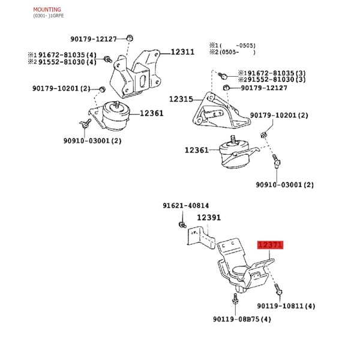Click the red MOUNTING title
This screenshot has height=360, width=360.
[x=47, y=10]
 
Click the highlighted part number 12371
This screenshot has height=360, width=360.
[x=270, y=245]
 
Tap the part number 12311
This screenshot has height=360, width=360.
[x=182, y=52]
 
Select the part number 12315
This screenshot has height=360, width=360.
[x=181, y=99]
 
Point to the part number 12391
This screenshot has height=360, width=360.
[x=209, y=218]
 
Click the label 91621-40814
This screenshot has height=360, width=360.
[x=186, y=205]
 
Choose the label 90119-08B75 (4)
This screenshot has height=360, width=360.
[x=242, y=319]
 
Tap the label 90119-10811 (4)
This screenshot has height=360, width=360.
[x=286, y=306]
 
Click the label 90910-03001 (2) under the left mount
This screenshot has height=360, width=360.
[x=92, y=140]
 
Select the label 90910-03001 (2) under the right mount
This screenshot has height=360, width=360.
[x=284, y=185]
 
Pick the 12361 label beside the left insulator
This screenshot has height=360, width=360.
[x=152, y=113]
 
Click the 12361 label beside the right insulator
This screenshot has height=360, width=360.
[x=197, y=150]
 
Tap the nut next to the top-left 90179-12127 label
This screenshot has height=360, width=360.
[x=130, y=38]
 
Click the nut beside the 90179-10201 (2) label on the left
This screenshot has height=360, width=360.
[x=103, y=89]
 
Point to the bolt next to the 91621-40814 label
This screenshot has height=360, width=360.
[x=182, y=224]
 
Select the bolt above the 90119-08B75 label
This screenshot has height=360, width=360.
[x=235, y=299]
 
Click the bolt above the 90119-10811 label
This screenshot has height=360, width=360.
[x=278, y=289]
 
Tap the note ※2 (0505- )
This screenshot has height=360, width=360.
[x=232, y=52]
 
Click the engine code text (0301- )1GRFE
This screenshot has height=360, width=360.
[x=49, y=16]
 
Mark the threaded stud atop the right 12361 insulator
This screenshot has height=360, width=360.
[x=233, y=139]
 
